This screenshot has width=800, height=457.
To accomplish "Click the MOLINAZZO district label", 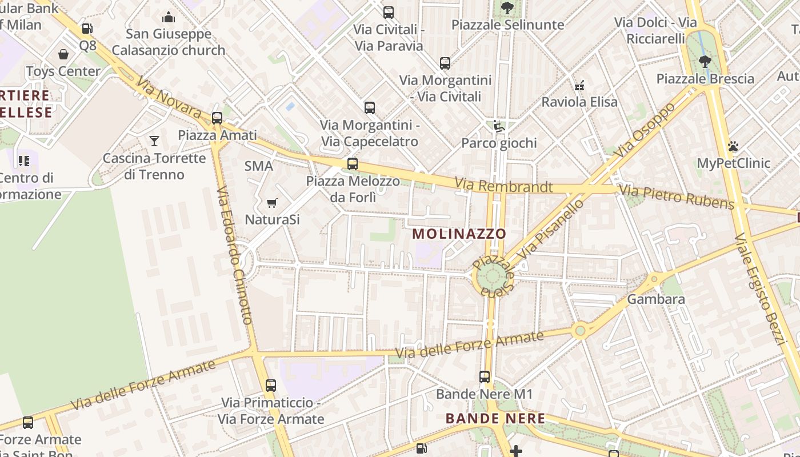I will click(459, 234).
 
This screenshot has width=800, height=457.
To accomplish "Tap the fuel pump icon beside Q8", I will click(87, 28).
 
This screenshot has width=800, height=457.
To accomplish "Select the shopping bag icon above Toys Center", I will click(63, 54).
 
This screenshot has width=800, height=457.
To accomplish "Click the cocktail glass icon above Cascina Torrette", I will click(154, 141).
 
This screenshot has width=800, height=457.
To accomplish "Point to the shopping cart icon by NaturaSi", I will click(272, 203).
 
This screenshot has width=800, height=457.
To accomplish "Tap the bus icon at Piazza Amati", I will click(217, 118).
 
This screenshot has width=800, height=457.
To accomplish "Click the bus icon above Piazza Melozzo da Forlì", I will click(353, 164).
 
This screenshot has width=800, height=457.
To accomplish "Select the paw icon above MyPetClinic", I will click(733, 146).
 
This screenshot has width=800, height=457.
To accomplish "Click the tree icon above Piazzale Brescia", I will click(705, 61).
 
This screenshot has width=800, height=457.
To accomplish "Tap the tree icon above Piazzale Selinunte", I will click(507, 8).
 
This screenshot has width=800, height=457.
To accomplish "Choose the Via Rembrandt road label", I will click(503, 186).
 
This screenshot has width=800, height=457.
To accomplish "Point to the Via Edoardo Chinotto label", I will click(235, 255).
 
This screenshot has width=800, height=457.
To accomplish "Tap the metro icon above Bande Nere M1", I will click(485, 377).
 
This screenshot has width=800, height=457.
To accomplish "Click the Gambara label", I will click(655, 299).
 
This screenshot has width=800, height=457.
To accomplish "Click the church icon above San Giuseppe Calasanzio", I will click(169, 18).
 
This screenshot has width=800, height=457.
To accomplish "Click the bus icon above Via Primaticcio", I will click(271, 386).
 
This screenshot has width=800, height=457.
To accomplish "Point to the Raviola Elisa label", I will click(579, 102).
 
